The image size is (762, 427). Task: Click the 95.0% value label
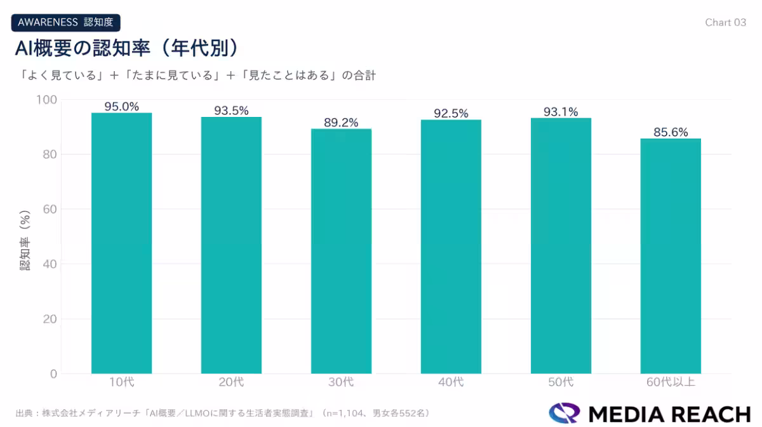pos(121,107)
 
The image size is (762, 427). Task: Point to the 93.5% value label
pos(231,111)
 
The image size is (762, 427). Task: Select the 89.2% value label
pos(341,123)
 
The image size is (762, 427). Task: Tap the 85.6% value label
pos(671,132)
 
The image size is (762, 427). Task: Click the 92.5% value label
pos(451,114)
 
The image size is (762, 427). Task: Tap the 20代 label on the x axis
pos(231,383)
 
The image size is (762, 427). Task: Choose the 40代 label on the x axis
pos(451,383)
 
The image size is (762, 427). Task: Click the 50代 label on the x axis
pos(561,383)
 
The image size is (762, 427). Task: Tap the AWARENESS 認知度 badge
pos(65,22)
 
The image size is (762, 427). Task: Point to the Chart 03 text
pos(725,22)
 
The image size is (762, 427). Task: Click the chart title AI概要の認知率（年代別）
pos(127,48)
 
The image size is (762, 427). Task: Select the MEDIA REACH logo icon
pos(565,413)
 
